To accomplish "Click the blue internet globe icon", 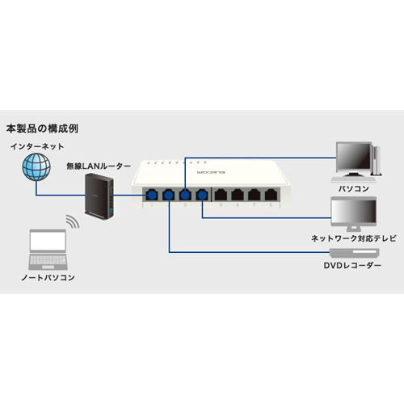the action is pyautogui.click(x=36, y=167).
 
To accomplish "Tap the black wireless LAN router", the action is pyautogui.click(x=99, y=196).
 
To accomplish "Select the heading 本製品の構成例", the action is pyautogui.click(x=42, y=128).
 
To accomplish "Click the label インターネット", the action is pyautogui.click(x=37, y=146).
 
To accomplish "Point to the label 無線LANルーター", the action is pyautogui.click(x=99, y=166).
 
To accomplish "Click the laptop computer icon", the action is pyautogui.click(x=48, y=250).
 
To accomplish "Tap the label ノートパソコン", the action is pyautogui.click(x=48, y=277).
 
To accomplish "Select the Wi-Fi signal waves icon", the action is pyautogui.click(x=73, y=221).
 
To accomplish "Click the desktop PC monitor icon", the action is pyautogui.click(x=356, y=162).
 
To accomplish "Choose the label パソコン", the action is pyautogui.click(x=353, y=188).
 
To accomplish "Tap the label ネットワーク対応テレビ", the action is pyautogui.click(x=354, y=238).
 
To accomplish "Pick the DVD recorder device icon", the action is pyautogui.click(x=355, y=253).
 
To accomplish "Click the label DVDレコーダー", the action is pyautogui.click(x=352, y=266).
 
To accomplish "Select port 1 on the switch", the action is pyautogui.click(x=152, y=195).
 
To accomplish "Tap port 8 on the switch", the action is pyautogui.click(x=271, y=195).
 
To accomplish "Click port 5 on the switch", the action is pyautogui.click(x=221, y=195).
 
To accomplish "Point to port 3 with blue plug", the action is pyautogui.click(x=185, y=195).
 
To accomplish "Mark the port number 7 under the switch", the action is pyautogui.click(x=254, y=205).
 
